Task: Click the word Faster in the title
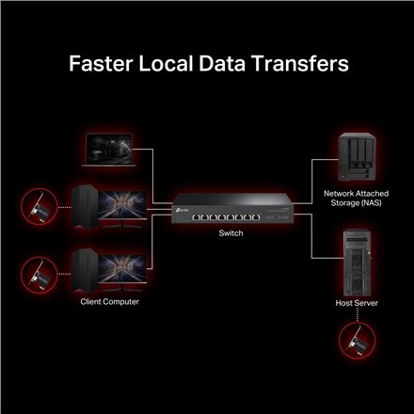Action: [101, 63]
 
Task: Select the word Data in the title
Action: [222, 63]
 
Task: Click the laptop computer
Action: [109, 150]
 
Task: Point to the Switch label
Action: [231, 233]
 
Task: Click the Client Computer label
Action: [109, 302]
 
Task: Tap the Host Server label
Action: [357, 303]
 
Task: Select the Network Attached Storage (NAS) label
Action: [356, 199]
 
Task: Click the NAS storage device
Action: [357, 157]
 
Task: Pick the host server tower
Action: [357, 263]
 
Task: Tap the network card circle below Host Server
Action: [358, 341]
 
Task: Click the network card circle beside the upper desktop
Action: [40, 207]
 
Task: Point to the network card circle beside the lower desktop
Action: [40, 275]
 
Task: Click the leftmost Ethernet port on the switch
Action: [197, 217]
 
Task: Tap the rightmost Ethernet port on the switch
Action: [256, 217]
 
